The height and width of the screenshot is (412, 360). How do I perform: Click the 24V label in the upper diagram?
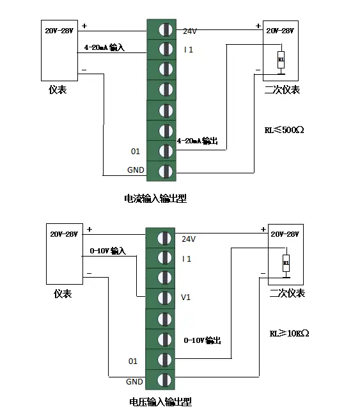tap(190, 31)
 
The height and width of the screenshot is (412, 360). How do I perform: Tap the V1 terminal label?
tap(185, 297)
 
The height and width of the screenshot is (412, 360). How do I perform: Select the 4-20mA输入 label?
tap(104, 47)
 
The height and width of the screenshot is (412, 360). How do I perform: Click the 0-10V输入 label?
tap(107, 251)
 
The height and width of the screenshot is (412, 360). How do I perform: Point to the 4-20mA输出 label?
tap(198, 141)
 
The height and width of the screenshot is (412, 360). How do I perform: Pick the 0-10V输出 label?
tap(202, 340)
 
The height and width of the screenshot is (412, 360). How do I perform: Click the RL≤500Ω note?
tap(284, 130)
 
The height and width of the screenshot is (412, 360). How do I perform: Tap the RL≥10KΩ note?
tap(289, 333)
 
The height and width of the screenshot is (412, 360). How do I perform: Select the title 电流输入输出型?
tap(155, 198)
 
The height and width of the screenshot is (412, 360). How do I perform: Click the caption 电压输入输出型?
tap(160, 402)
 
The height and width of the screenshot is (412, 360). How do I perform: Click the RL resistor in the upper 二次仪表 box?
tap(281, 59)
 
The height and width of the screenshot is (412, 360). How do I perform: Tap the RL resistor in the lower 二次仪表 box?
tap(286, 263)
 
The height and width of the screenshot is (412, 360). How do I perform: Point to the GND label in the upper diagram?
tap(136, 170)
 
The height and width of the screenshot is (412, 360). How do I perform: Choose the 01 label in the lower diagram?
tap(133, 361)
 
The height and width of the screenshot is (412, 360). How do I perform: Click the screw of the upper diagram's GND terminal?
tap(166, 171)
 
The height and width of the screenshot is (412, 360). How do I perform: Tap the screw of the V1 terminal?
tap(164, 298)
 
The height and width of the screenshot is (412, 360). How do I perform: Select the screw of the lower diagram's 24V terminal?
tap(164, 239)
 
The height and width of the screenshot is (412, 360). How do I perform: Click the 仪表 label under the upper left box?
tap(58, 90)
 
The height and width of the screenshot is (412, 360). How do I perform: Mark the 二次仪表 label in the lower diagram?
tap(287, 293)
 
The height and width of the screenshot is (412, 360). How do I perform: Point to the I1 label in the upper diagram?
tap(189, 50)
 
